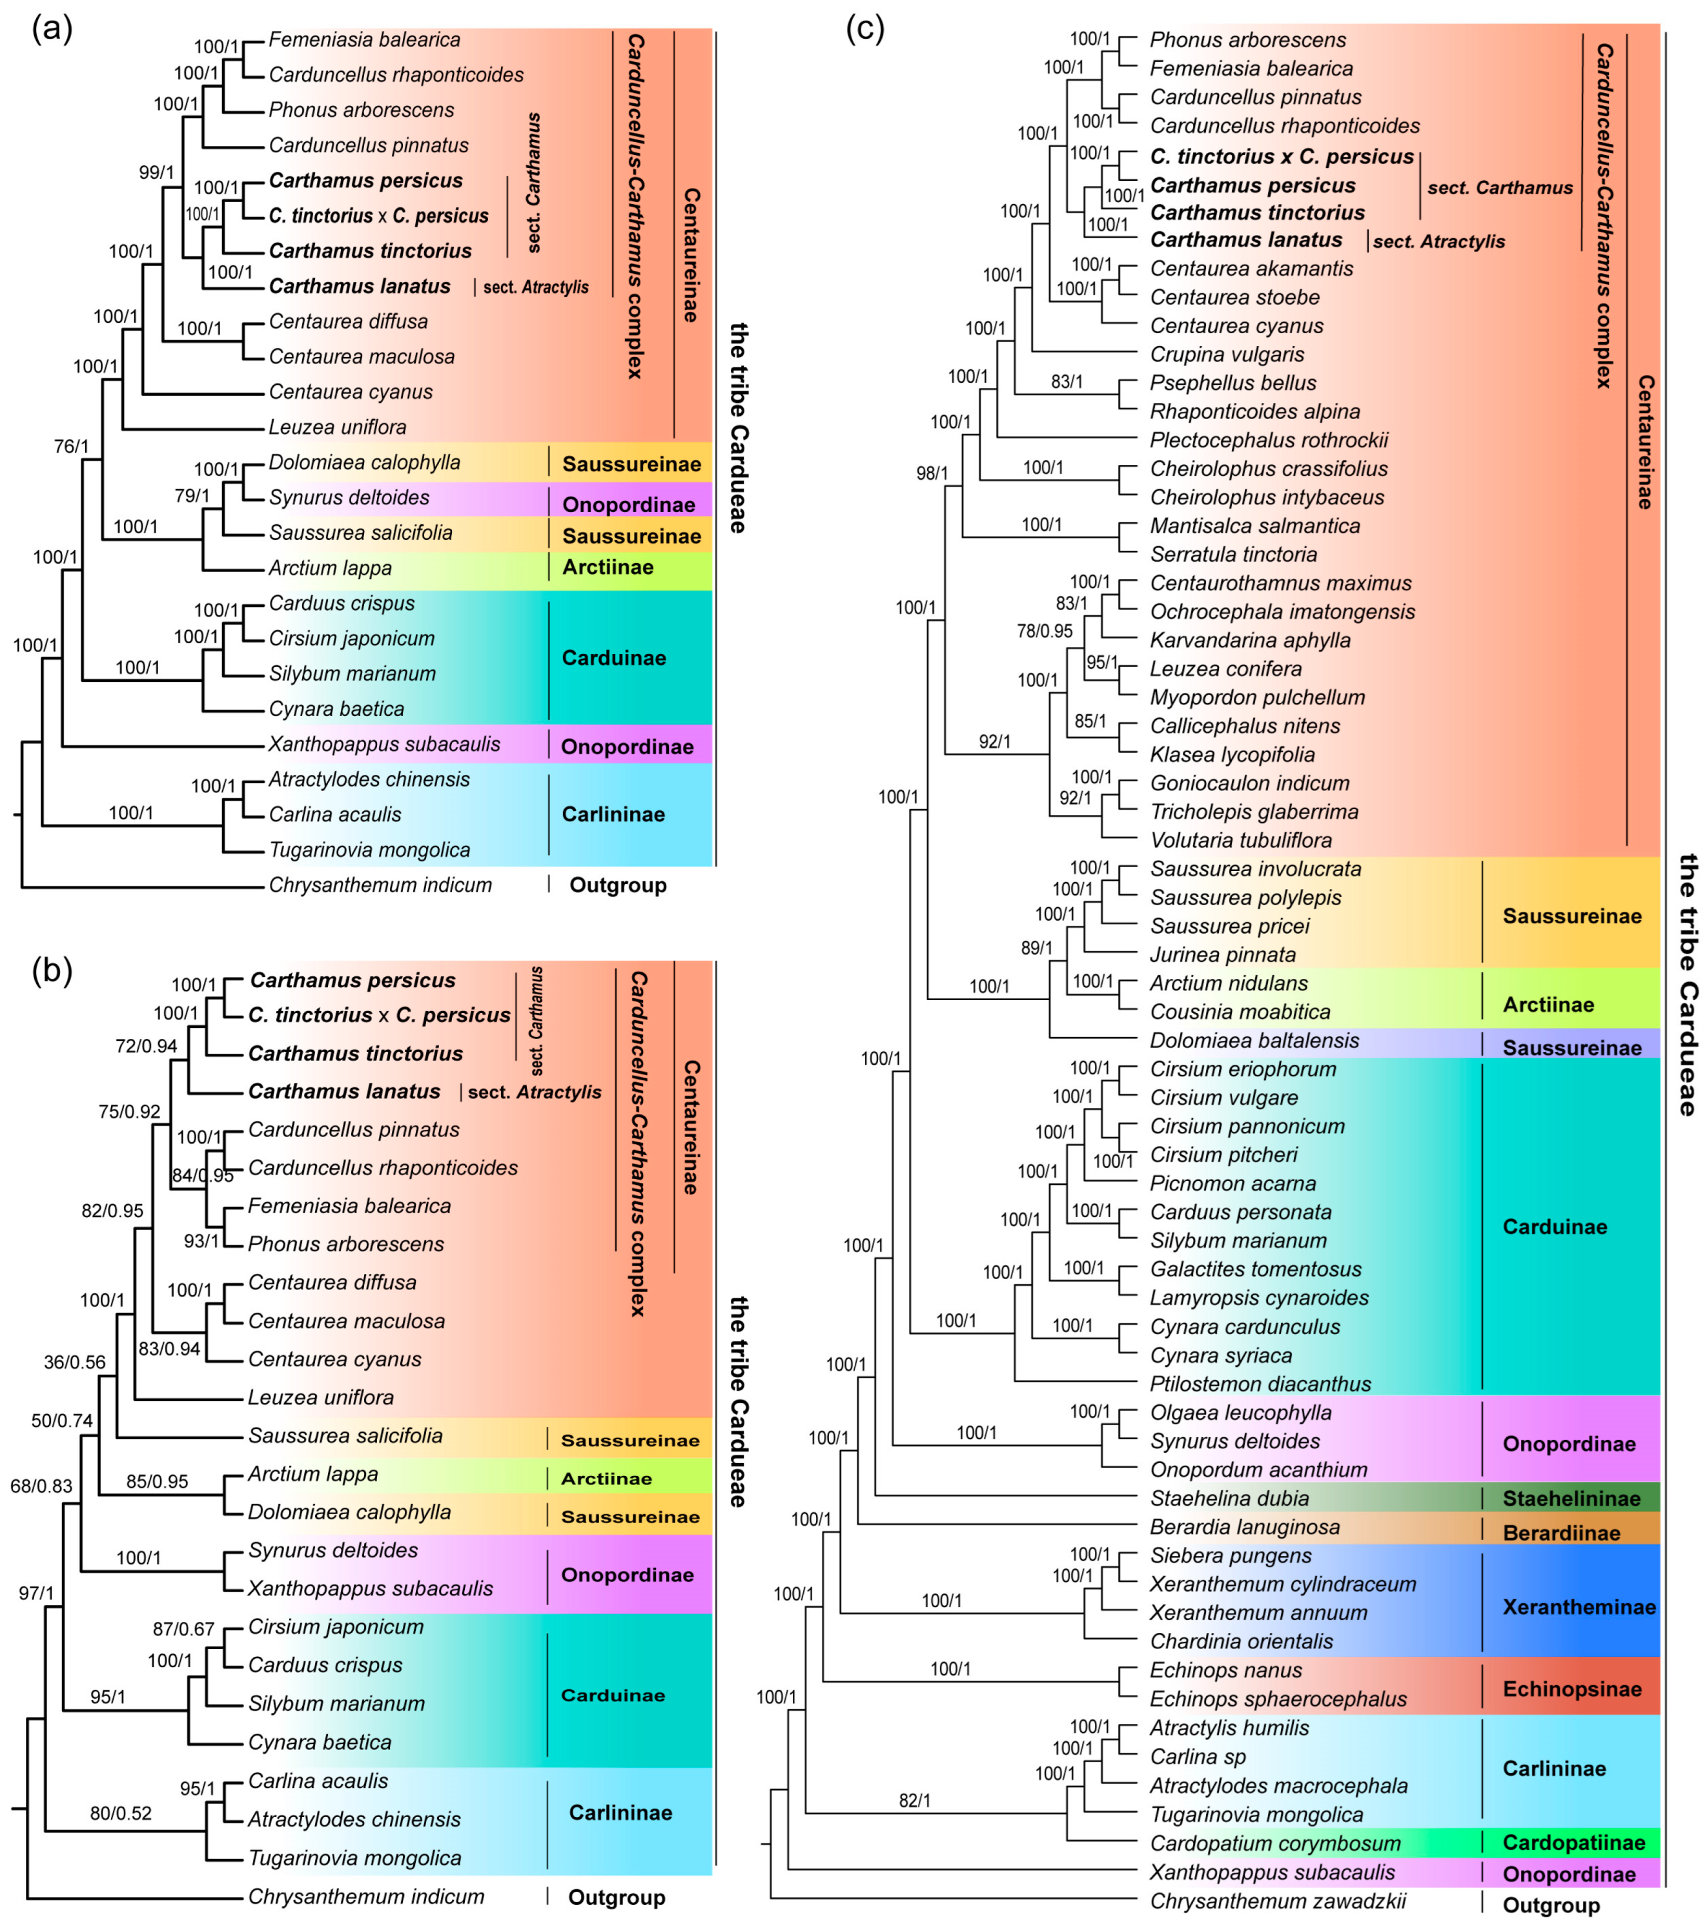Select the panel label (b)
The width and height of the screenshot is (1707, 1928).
point(52,970)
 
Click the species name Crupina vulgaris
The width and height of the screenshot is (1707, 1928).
point(1227,354)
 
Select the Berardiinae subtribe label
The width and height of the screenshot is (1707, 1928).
point(1561,1533)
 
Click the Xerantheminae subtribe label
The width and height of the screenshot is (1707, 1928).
point(1579,1606)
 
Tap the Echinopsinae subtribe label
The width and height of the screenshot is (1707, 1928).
point(1571,1688)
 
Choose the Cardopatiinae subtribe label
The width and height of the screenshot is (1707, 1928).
point(1573,1842)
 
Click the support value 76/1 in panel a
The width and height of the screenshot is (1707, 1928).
point(72,446)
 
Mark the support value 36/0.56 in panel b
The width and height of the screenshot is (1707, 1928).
point(74,1362)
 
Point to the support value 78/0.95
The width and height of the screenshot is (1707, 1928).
point(1044,631)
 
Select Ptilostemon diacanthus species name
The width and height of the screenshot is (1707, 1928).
point(1260,1384)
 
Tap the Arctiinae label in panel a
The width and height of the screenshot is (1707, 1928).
point(608,567)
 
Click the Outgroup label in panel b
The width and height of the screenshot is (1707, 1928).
point(616,1897)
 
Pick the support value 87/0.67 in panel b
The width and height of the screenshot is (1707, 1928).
point(184,1629)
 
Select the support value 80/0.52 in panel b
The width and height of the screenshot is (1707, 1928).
point(121,1813)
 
